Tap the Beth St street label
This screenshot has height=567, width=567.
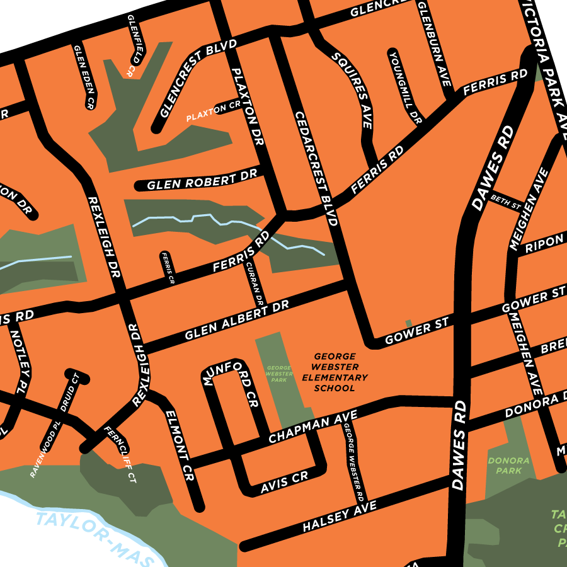coord(506,202)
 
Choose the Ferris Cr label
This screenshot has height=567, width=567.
coord(167,268)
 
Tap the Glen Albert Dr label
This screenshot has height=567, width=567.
coord(236,320)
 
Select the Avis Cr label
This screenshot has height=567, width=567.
coord(285,481)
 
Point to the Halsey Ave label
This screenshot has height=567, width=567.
coord(340,516)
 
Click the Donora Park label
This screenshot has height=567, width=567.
coord(509,465)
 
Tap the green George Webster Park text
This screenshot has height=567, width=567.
coord(278,374)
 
